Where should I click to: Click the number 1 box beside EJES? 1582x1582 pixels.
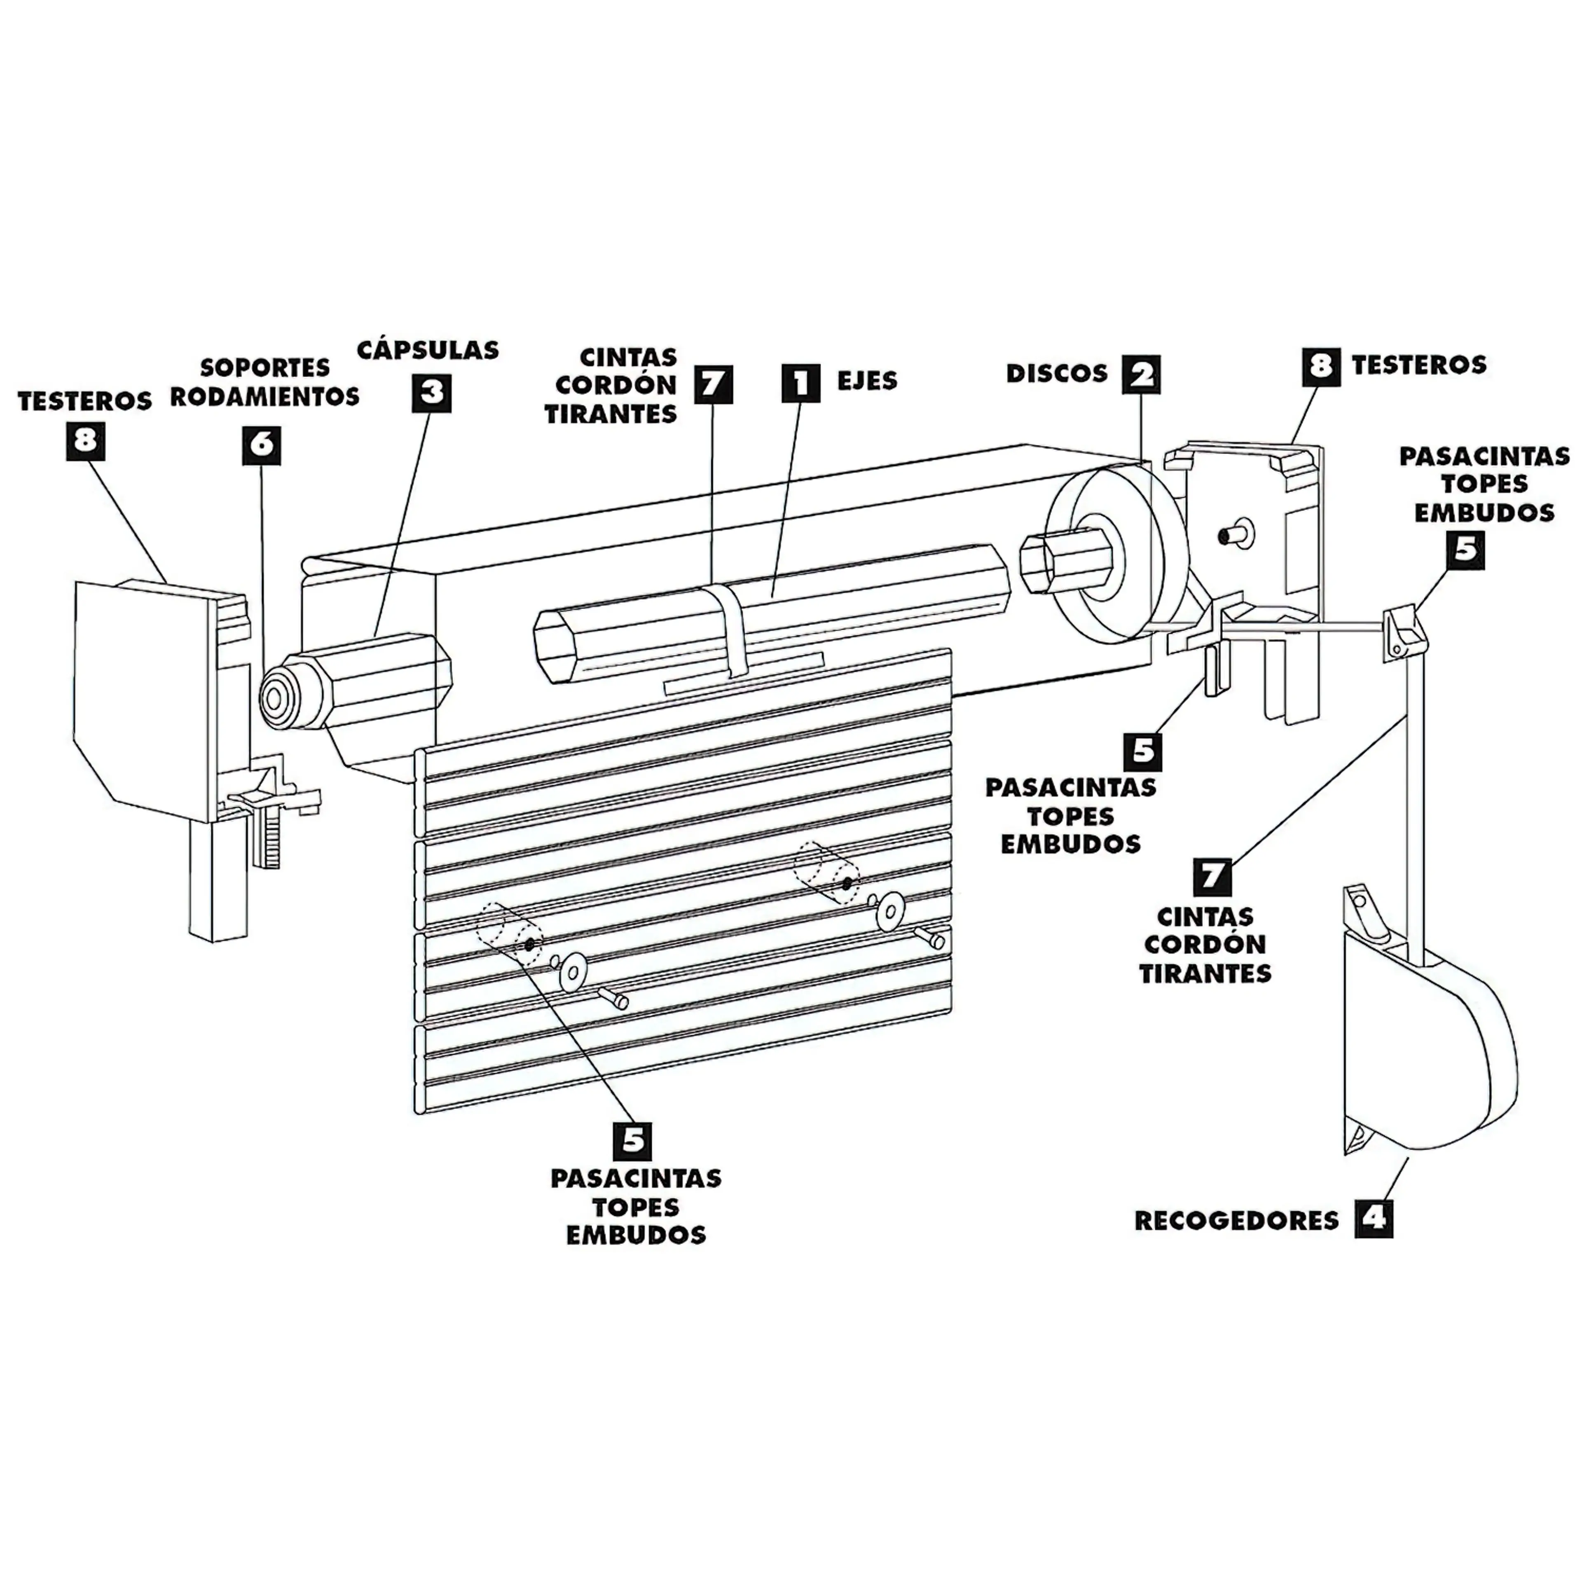800,382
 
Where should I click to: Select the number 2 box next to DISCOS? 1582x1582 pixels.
1141,374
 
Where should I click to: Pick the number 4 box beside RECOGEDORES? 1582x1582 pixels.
1373,1219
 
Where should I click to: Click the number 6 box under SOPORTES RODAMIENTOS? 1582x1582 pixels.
261,445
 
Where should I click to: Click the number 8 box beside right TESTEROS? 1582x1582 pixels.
1320,366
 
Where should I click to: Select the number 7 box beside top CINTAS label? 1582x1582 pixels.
713,384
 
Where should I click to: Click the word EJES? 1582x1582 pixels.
866,381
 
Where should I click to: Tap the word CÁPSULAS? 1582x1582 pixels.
428,351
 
